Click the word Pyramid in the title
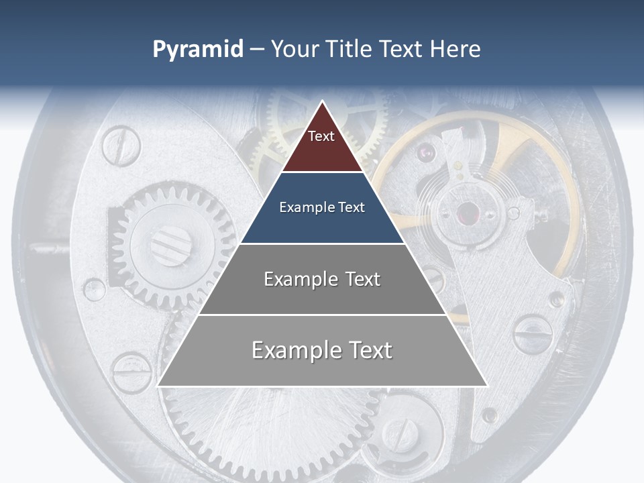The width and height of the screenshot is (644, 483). [x=198, y=50]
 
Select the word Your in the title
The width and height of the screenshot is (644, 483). [x=294, y=49]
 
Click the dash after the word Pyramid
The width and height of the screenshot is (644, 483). [x=257, y=50]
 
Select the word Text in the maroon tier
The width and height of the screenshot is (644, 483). [x=321, y=136]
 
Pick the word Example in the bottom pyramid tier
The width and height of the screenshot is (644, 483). [x=294, y=350]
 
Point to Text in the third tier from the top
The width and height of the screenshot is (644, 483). [x=363, y=279]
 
